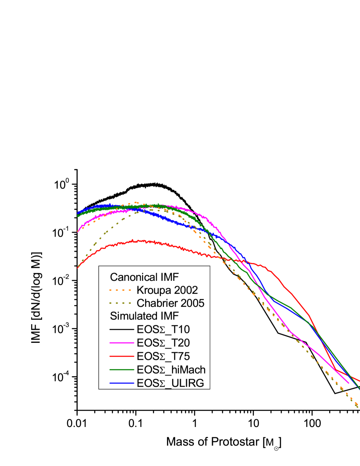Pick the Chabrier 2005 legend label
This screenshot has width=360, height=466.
pyautogui.click(x=170, y=303)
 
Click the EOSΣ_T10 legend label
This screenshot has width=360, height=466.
pyautogui.click(x=163, y=329)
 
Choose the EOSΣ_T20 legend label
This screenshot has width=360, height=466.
pyautogui.click(x=163, y=342)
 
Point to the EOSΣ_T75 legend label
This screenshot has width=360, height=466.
pyautogui.click(x=163, y=356)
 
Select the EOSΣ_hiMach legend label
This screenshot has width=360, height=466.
pyautogui.click(x=171, y=369)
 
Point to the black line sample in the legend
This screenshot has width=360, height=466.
pyautogui.click(x=121, y=329)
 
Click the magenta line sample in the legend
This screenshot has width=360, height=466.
pyautogui.click(x=121, y=342)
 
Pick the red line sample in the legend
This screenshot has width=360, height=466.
pyautogui.click(x=121, y=356)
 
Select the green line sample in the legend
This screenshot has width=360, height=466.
pyautogui.click(x=121, y=369)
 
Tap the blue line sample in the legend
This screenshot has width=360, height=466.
pyautogui.click(x=121, y=383)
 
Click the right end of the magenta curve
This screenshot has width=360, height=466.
pyautogui.click(x=349, y=383)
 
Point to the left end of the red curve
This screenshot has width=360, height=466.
pyautogui.click(x=78, y=268)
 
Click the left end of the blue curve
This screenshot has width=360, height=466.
pyautogui.click(x=78, y=213)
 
